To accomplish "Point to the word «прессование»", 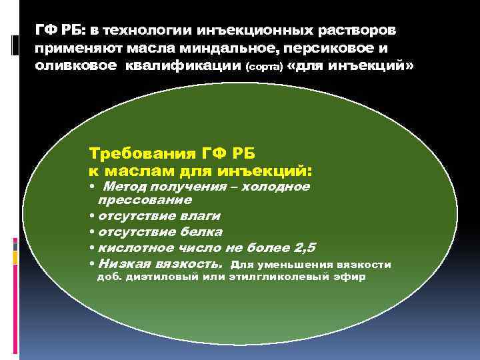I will (145, 199).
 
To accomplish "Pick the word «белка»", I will (199, 231).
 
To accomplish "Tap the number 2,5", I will (303, 247).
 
